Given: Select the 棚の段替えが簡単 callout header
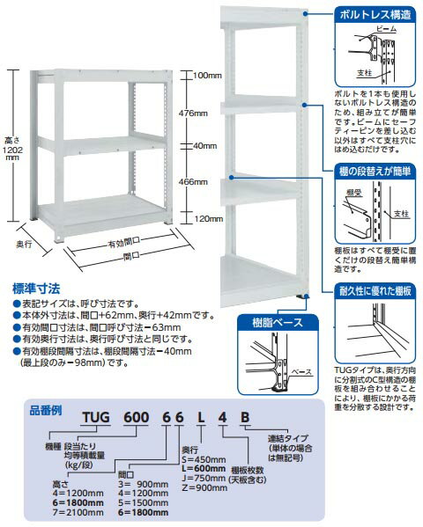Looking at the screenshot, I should coord(374,173).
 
